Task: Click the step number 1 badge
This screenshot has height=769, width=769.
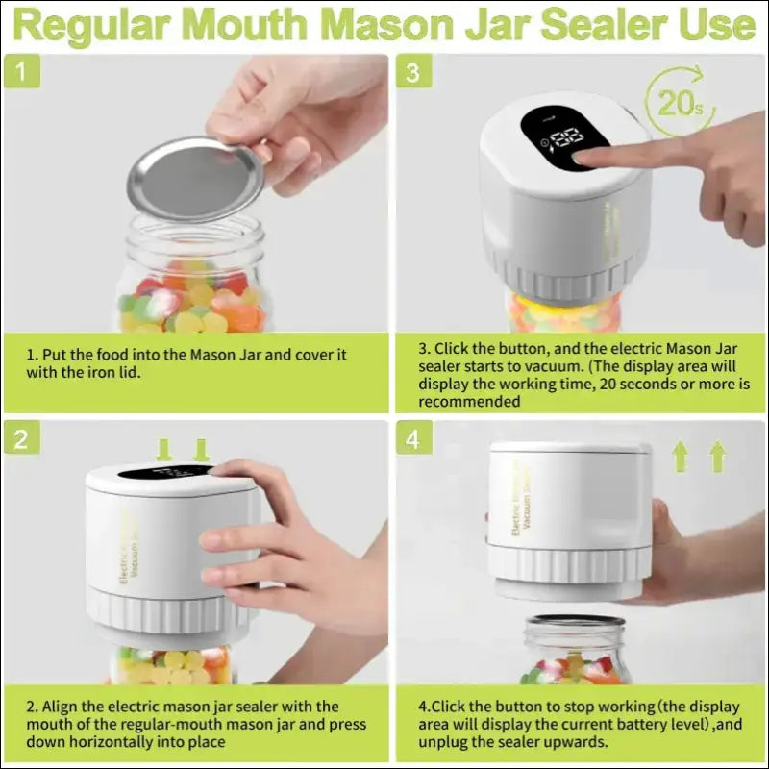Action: click(23, 72)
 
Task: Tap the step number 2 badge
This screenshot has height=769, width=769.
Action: click(23, 439)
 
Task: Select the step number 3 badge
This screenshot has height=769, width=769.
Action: click(413, 72)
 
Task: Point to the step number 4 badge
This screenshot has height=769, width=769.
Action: click(413, 439)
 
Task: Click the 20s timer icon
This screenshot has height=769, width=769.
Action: click(679, 100)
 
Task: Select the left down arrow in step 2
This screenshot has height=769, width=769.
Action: click(162, 449)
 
